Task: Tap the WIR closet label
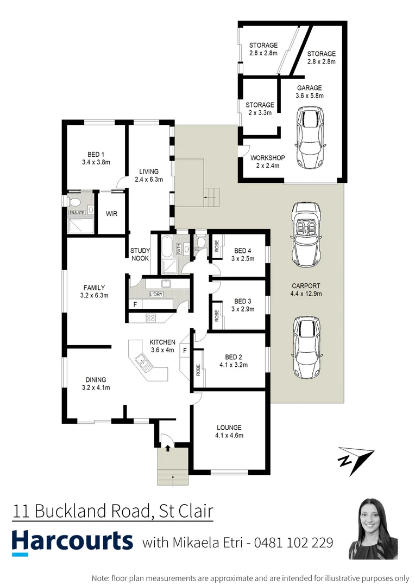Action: pyautogui.click(x=111, y=214)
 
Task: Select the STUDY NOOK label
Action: pyautogui.click(x=140, y=254)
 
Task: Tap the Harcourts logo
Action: pyautogui.click(x=72, y=541)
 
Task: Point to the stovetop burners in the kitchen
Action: pyautogui.click(x=150, y=318)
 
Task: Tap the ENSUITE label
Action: pyautogui.click(x=77, y=213)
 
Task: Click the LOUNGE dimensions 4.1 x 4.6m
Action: pyautogui.click(x=229, y=435)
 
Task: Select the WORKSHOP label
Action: pyautogui.click(x=268, y=158)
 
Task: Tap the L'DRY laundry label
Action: pyautogui.click(x=156, y=295)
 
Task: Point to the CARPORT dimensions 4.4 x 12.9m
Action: pyautogui.click(x=306, y=294)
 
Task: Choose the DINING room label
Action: pyautogui.click(x=96, y=380)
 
